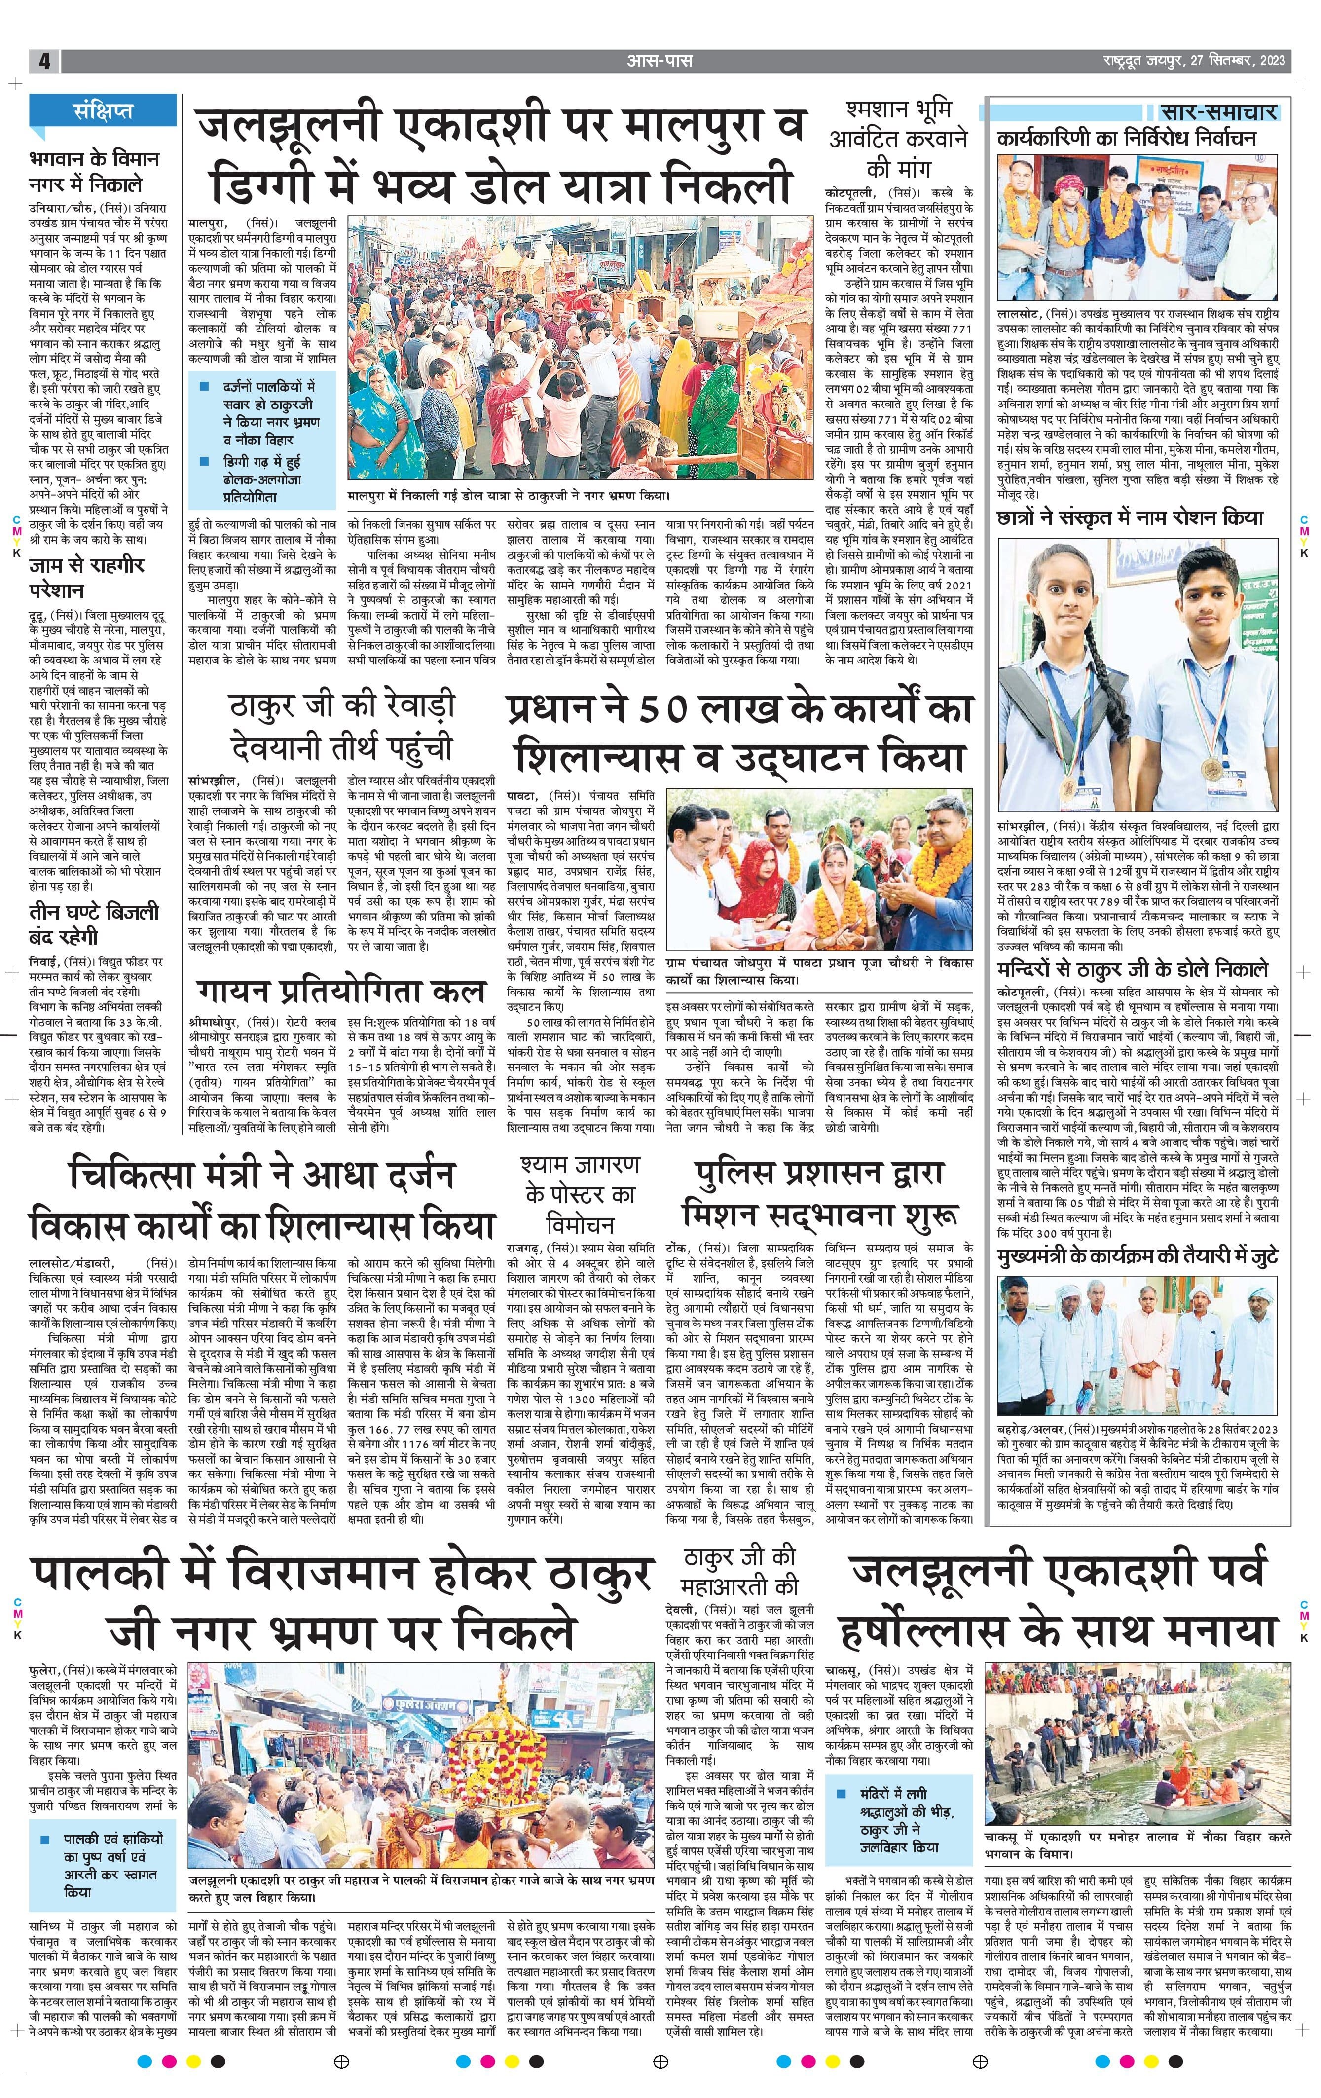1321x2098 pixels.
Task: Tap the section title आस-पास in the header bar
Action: click(660, 61)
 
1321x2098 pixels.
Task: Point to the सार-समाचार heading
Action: click(1219, 111)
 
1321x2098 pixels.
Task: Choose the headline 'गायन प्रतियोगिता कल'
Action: click(341, 991)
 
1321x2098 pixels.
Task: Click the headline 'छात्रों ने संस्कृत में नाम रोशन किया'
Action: click(1130, 516)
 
